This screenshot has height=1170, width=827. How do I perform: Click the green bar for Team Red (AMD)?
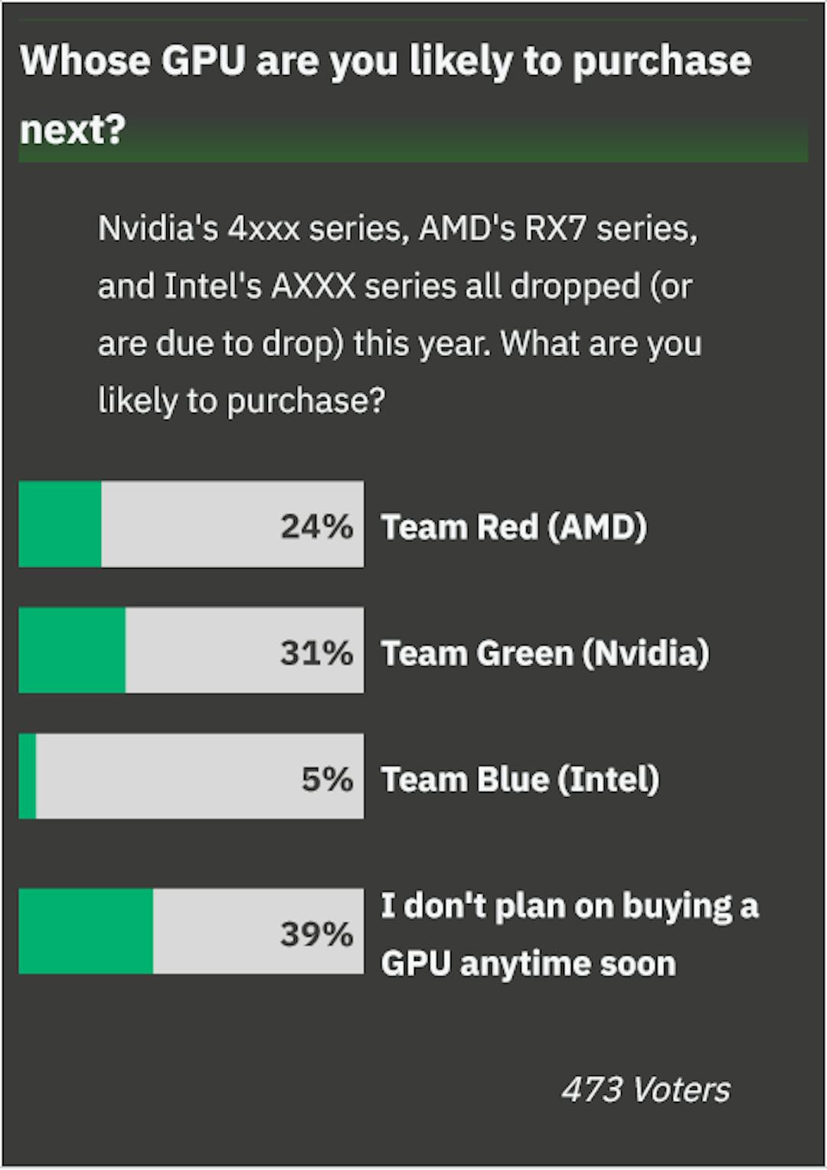tap(60, 525)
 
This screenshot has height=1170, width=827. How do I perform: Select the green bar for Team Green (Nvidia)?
tap(72, 651)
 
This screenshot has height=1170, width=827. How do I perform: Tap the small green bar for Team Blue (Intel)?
tap(28, 776)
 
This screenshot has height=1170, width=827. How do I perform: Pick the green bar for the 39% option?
tap(86, 931)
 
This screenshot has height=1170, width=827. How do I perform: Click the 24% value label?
tap(316, 527)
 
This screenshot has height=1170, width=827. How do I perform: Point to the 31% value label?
tap(316, 653)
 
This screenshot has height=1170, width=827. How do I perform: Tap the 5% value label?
tap(327, 779)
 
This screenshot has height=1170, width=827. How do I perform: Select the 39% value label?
tap(316, 934)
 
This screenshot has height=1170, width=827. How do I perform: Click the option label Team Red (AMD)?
tap(514, 528)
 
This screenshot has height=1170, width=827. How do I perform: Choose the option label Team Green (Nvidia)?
tap(545, 654)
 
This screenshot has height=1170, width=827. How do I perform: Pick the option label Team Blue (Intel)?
tap(520, 780)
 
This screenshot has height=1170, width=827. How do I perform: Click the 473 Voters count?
tap(646, 1090)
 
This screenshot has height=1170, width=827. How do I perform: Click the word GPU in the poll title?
tap(203, 61)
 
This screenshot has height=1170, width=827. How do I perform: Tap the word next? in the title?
tap(72, 129)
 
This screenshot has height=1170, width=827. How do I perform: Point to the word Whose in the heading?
tap(84, 61)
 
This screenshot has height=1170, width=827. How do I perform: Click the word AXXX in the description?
tap(313, 286)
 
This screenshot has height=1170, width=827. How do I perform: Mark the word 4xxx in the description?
tap(263, 229)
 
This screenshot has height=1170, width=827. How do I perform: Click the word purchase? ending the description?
tap(306, 400)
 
